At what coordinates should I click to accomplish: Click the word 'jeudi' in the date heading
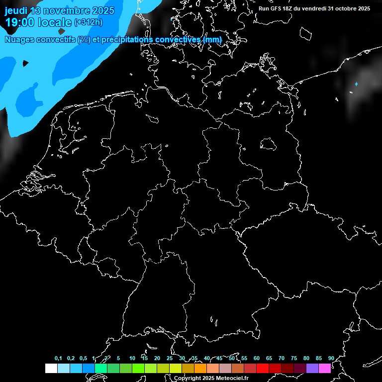15,10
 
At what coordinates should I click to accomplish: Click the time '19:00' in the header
19,22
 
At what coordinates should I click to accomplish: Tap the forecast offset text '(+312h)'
89,22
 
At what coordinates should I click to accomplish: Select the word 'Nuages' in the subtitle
20,39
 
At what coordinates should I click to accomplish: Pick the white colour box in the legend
51,368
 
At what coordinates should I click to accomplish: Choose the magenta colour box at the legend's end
325,368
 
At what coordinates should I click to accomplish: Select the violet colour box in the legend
312,368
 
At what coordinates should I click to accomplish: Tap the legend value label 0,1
58,359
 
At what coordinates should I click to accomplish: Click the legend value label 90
331,359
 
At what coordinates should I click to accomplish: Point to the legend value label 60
256,359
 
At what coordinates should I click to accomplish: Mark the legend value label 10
132,359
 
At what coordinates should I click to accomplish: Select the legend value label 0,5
83,359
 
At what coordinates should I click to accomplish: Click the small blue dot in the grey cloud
356,84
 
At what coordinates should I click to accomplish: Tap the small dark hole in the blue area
25,63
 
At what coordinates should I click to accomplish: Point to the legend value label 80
306,359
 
